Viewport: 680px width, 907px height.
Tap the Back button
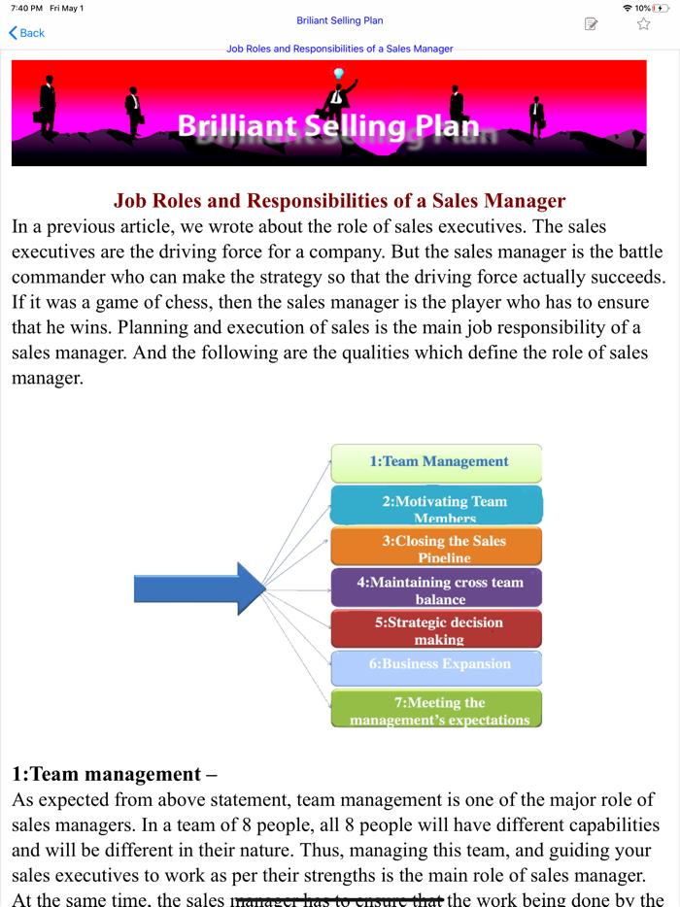click(27, 33)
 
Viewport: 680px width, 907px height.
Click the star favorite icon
click(643, 24)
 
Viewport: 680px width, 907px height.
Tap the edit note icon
click(591, 24)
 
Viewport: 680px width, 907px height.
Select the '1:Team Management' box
click(437, 462)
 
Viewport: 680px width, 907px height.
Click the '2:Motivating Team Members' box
click(437, 505)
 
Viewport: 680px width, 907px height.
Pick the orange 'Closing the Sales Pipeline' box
click(437, 547)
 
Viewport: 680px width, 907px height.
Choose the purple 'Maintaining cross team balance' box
click(437, 588)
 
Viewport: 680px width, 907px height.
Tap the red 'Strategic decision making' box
click(437, 629)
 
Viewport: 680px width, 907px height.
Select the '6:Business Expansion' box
click(437, 666)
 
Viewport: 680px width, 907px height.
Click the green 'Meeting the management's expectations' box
click(437, 709)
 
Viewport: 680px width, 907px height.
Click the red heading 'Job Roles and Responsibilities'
click(339, 201)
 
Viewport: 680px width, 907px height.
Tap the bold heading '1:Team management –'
click(114, 774)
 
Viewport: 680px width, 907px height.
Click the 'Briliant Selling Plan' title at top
click(339, 20)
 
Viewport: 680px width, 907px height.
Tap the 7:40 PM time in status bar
click(26, 8)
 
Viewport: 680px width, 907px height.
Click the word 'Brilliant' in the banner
click(238, 126)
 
